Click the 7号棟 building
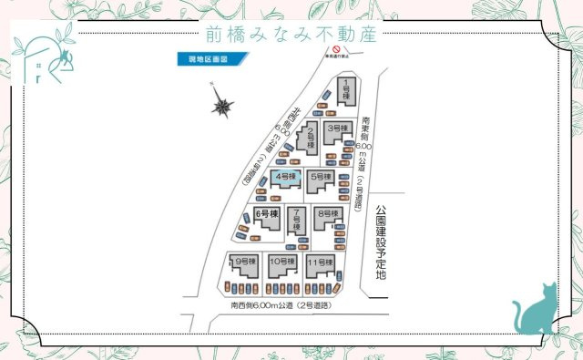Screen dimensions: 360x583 296,220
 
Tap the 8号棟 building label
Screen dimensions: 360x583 326,215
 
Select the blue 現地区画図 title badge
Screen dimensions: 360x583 202,59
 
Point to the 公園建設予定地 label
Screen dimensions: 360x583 380,242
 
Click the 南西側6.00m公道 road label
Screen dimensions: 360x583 280,305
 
